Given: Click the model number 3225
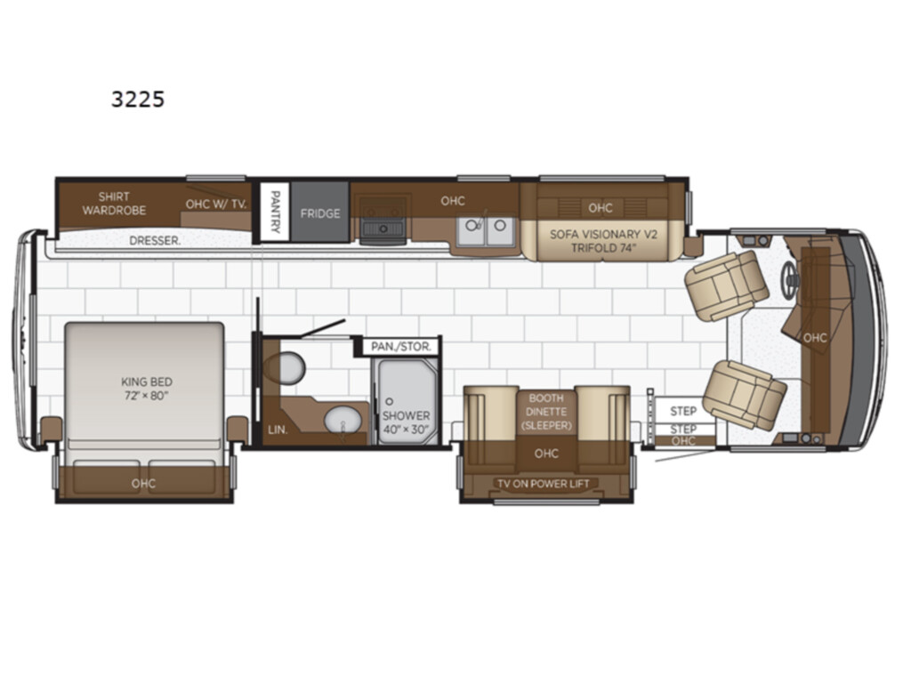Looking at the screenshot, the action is point(138,100).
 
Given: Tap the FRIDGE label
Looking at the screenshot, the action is point(320,213).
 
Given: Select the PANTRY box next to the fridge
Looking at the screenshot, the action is point(274,212).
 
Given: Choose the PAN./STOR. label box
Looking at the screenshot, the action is point(401,347).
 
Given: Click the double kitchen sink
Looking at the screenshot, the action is point(486,231).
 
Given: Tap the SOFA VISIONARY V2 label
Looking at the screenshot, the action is point(604,235).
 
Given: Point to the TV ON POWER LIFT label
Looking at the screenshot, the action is point(544,483).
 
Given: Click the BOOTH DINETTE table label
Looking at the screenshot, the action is point(546,405).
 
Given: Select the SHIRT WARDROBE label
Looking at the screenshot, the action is point(114,204).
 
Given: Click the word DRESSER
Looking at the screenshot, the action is point(155,240).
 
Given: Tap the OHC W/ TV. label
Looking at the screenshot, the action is point(216,204).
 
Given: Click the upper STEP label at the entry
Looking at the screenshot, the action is point(683,411).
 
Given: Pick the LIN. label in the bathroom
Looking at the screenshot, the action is point(278,430).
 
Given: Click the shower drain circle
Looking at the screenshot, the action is point(390,401).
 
